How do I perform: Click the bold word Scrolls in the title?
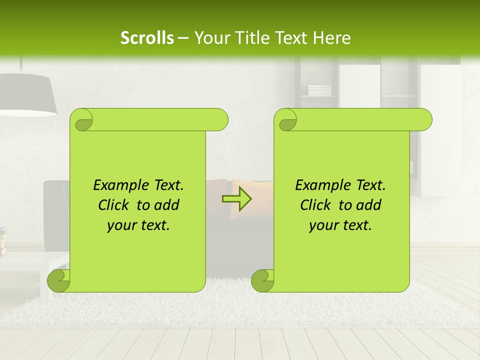[x=147, y=38]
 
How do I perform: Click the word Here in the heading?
[x=332, y=38]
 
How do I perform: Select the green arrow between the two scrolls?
[x=236, y=199]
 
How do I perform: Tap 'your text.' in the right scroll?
[x=340, y=225]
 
